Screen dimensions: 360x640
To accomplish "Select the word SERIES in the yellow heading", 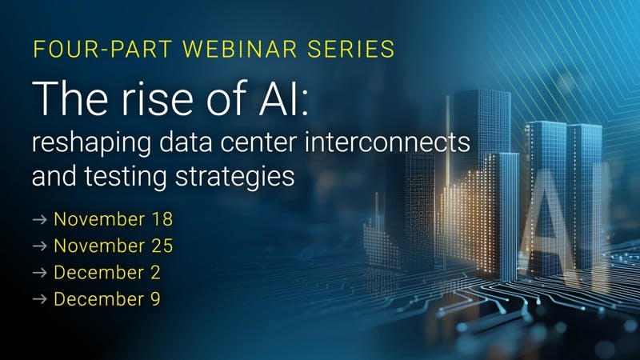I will [x=356, y=48].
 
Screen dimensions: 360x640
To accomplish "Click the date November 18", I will [x=112, y=218].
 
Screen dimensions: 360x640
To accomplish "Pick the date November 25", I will [x=113, y=246].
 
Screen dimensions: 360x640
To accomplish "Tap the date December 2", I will [x=106, y=272].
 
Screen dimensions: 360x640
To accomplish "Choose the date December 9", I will [x=106, y=299].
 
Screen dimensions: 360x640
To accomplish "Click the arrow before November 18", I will [x=39, y=219].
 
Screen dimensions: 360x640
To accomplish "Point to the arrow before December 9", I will [x=39, y=300].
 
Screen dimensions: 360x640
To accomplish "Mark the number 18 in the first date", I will [x=162, y=218].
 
